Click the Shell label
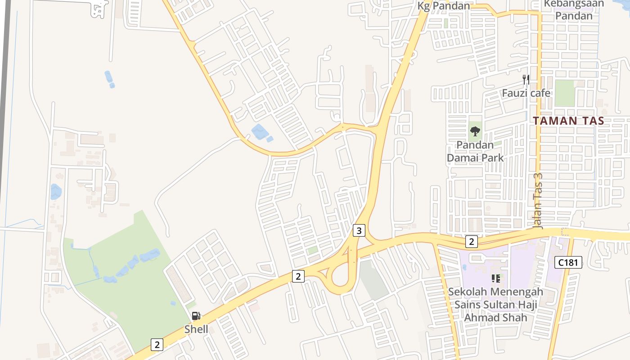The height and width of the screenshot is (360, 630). click(196, 329)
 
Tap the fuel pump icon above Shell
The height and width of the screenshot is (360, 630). click(196, 316)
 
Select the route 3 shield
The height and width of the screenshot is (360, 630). click(359, 231)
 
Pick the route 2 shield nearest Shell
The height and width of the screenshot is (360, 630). click(157, 345)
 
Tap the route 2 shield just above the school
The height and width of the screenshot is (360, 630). click(471, 242)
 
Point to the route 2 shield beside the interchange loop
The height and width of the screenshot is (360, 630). click(298, 276)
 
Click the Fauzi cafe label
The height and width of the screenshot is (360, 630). click(526, 93)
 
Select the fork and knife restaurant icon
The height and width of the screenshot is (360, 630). click(526, 80)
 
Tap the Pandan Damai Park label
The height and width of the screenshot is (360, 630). click(475, 151)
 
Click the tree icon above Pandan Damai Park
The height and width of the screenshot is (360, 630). click(475, 132)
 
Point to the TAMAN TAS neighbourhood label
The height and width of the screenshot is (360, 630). click(568, 121)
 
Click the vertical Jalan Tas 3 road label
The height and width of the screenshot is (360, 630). click(538, 201)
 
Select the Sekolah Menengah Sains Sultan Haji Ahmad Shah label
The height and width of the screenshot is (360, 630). click(495, 305)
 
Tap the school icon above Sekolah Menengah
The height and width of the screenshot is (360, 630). click(496, 279)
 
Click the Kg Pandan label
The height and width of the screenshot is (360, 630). click(443, 6)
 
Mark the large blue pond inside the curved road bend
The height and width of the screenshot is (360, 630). click(259, 132)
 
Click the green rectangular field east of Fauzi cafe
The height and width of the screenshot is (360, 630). click(565, 93)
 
